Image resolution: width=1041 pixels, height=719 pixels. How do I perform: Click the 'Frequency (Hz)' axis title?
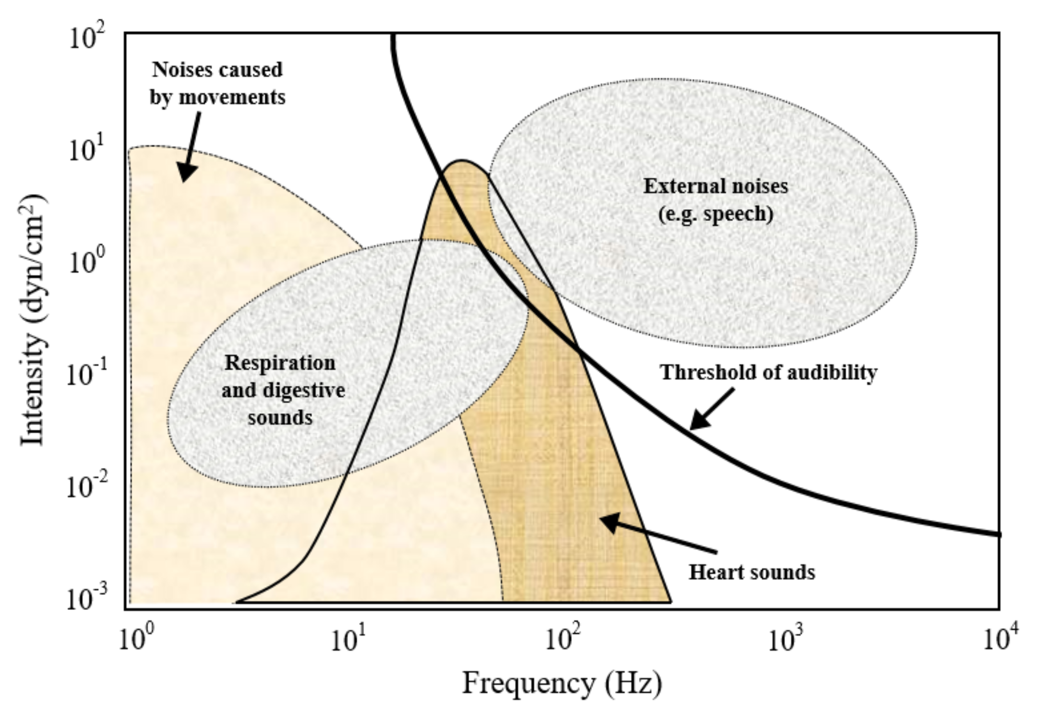point(562,683)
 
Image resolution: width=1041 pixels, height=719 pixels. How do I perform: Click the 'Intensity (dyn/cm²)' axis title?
point(32,320)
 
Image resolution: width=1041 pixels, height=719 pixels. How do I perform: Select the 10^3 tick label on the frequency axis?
point(786,639)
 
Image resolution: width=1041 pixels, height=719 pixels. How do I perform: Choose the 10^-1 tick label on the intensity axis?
point(85,374)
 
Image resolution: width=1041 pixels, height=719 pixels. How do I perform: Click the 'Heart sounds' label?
point(752,572)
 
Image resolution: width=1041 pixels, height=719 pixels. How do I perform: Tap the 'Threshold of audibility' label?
point(769,372)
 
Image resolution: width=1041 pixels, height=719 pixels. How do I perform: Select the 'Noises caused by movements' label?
point(217,83)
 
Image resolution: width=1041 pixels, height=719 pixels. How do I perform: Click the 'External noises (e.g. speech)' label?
point(716,200)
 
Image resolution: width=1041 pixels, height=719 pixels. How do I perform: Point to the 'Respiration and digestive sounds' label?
point(281,390)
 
